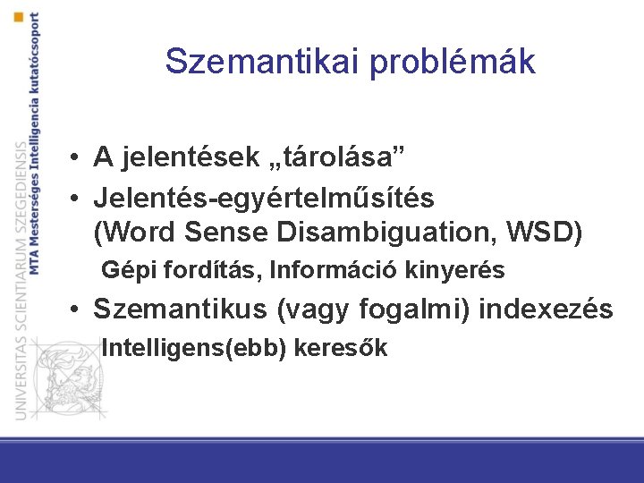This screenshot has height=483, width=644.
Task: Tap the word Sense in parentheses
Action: pyautogui.click(x=227, y=233)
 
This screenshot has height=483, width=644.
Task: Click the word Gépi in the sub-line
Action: pyautogui.click(x=123, y=270)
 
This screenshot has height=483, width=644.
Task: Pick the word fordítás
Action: pyautogui.click(x=187, y=270)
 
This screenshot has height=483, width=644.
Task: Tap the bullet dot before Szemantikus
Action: pyautogui.click(x=80, y=310)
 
